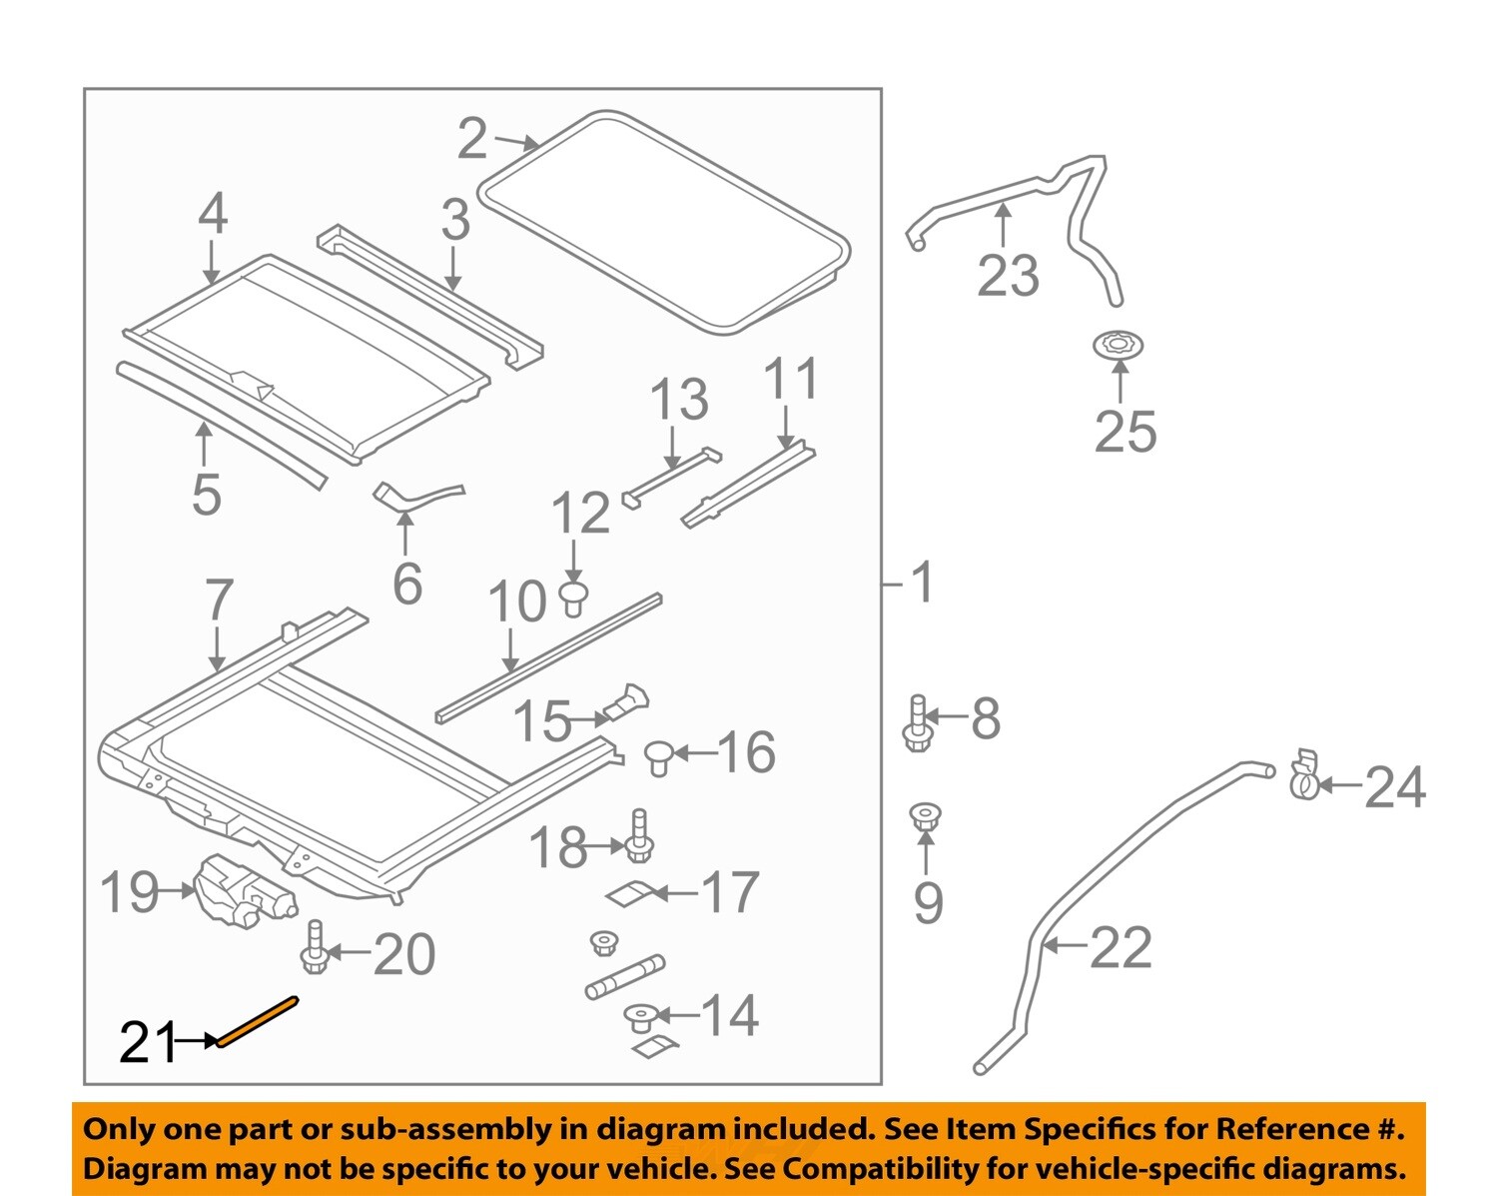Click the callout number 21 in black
tap(147, 1043)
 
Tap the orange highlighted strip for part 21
tap(258, 1020)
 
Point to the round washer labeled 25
tap(1119, 347)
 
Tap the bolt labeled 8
tap(917, 723)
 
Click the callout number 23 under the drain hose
tap(1008, 275)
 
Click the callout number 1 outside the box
tap(922, 582)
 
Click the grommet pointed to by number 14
tap(639, 1019)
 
